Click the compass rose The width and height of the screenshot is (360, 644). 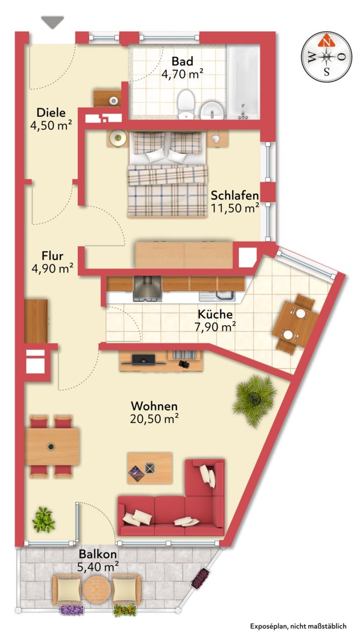pyautogui.click(x=326, y=56)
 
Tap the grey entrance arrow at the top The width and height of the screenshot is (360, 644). pyautogui.click(x=53, y=21)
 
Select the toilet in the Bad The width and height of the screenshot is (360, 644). pyautogui.click(x=186, y=104)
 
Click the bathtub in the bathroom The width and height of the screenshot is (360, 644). pyautogui.click(x=243, y=82)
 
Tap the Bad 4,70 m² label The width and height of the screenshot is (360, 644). pyautogui.click(x=182, y=68)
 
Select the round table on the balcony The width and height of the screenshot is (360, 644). pyautogui.click(x=98, y=590)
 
